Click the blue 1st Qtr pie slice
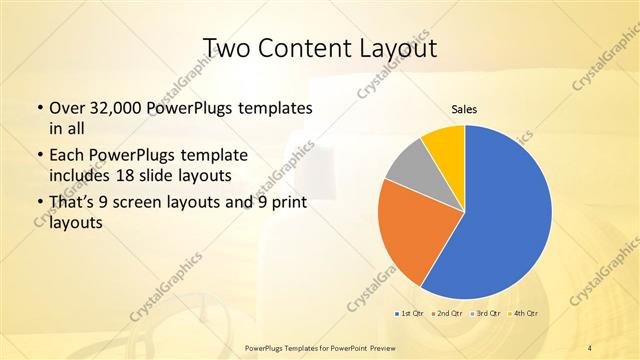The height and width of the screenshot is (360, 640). click(505, 215)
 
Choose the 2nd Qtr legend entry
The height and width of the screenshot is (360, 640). click(446, 314)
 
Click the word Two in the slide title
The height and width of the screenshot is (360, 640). click(227, 47)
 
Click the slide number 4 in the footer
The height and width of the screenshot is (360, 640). click(590, 346)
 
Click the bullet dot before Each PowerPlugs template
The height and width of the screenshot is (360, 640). click(39, 156)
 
